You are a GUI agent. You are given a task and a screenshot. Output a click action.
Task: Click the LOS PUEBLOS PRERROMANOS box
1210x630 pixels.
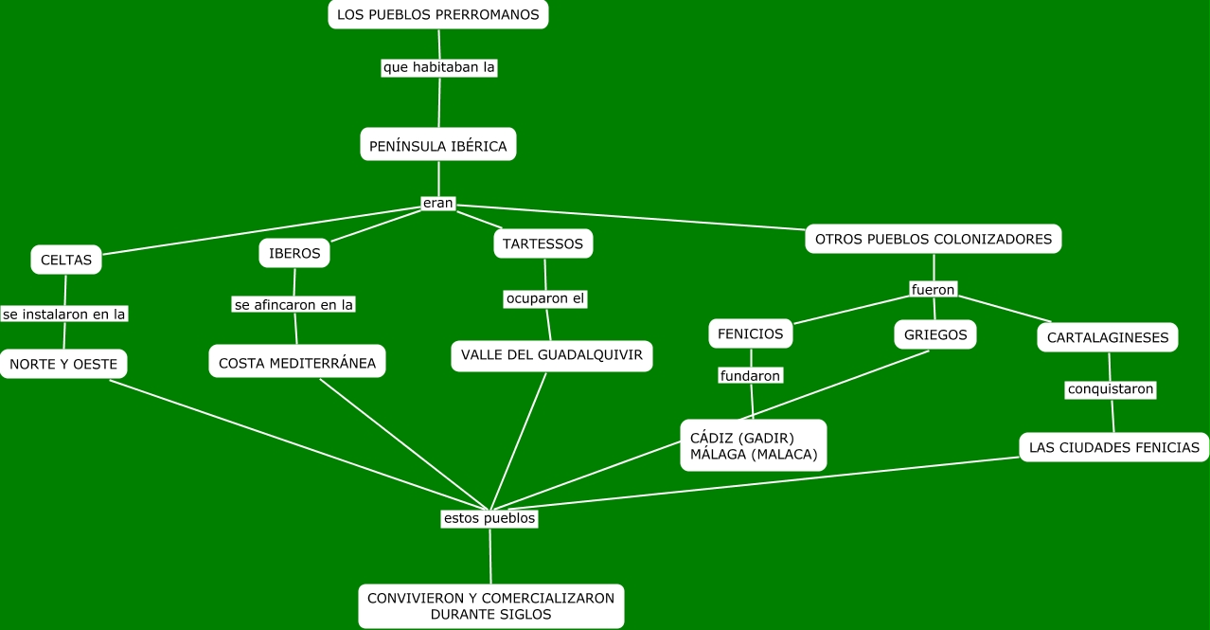coord(437,14)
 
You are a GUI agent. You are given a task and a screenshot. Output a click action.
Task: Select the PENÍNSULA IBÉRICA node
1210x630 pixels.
coord(438,146)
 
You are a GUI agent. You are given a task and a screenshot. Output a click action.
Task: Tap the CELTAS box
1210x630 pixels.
coord(66,260)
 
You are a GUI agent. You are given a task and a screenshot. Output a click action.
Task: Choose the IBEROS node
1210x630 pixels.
coord(294,253)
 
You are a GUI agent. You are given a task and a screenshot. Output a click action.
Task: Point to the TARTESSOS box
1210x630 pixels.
coord(543,243)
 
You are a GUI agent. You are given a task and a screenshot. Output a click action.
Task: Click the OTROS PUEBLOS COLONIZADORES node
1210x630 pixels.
coord(933,239)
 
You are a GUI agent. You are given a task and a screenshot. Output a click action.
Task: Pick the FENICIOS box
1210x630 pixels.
coord(750,333)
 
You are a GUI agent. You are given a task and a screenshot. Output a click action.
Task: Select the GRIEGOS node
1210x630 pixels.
coord(935,334)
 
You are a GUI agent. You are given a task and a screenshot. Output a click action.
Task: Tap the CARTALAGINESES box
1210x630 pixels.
coord(1107,337)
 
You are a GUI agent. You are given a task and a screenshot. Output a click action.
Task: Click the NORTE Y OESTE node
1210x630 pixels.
coord(63,364)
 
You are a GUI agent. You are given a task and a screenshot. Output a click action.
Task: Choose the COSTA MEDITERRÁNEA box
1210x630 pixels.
coord(297,363)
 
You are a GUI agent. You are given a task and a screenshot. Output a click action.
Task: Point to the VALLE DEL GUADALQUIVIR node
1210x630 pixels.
coord(551,355)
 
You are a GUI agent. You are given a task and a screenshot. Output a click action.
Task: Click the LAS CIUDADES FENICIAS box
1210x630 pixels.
coord(1113,447)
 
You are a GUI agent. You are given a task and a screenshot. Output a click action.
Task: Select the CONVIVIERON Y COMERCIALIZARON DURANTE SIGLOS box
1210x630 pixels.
coord(490,606)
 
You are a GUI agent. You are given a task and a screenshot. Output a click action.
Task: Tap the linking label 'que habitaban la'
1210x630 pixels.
coord(439,67)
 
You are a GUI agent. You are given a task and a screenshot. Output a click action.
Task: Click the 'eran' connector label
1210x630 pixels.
coord(438,203)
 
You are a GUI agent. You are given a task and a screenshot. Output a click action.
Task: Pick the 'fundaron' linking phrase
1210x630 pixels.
coord(750,376)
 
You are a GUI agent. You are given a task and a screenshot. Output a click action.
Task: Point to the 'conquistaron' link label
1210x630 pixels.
coord(1111,389)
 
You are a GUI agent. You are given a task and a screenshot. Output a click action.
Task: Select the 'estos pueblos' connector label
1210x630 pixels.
coord(489,518)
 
